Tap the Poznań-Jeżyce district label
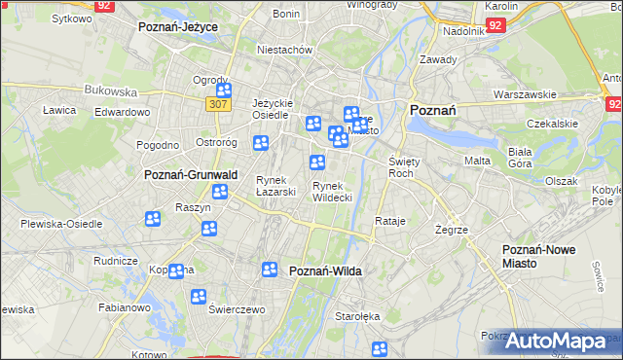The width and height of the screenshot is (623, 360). pyautogui.click(x=177, y=27)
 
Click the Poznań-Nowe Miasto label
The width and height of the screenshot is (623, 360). pyautogui.click(x=538, y=257)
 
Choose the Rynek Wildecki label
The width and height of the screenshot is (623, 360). pyautogui.click(x=332, y=192)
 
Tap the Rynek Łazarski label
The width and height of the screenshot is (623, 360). pyautogui.click(x=275, y=186)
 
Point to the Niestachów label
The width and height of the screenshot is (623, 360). pyautogui.click(x=283, y=49)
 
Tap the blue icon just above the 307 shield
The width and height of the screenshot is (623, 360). pyautogui.click(x=223, y=90)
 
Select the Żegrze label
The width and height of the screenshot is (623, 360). pyautogui.click(x=453, y=230)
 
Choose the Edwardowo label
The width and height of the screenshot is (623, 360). pyautogui.click(x=122, y=112)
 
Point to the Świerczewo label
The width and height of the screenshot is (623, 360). pyautogui.click(x=237, y=308)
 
